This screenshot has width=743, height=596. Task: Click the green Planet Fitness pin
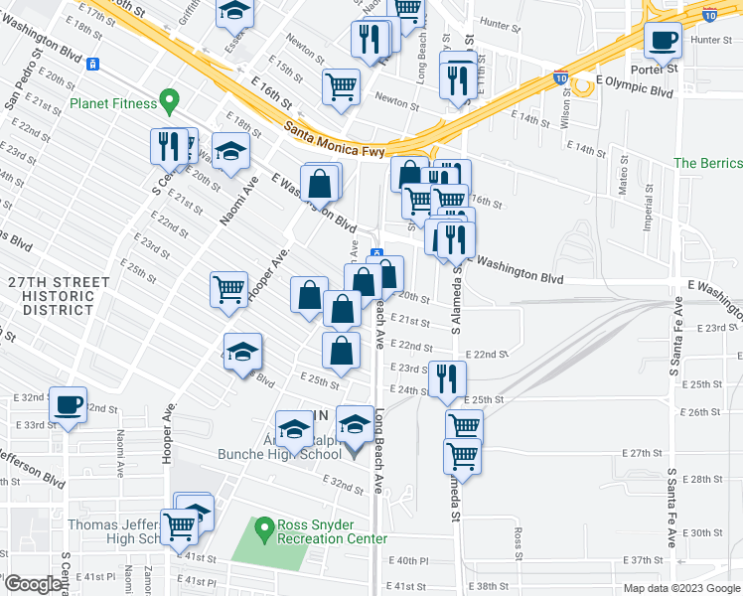169,101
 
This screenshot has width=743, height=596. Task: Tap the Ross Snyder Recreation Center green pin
263,527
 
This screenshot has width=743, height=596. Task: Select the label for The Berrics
707,163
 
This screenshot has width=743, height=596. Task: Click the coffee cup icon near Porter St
663,42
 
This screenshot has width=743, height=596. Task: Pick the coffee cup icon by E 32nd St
69,405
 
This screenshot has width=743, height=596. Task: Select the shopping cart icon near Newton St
340,86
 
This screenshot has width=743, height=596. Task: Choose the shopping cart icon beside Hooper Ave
229,289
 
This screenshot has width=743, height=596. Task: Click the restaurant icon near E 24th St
447,377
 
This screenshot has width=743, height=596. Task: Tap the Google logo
33,583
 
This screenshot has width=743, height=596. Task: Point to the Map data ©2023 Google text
680,588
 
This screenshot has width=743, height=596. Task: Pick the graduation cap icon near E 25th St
241,355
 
